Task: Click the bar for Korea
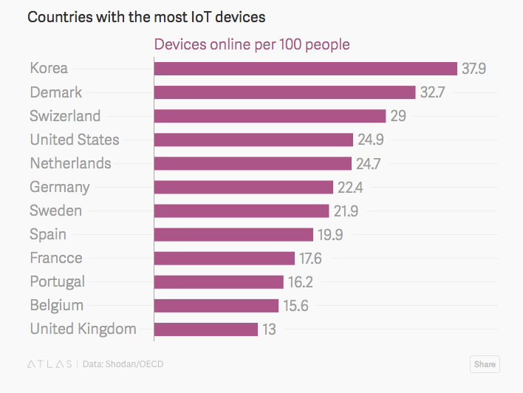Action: (x=306, y=69)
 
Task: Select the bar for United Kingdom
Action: (x=206, y=329)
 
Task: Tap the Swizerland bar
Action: (x=270, y=116)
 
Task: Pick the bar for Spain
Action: (x=234, y=234)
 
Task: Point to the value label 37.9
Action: (x=474, y=69)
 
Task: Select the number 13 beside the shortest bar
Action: (x=269, y=329)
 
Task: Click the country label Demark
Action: (x=56, y=92)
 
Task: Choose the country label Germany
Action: (x=60, y=187)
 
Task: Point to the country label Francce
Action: (x=56, y=258)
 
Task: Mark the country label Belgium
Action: (x=57, y=305)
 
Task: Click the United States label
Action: (x=75, y=140)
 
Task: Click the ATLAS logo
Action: (x=49, y=364)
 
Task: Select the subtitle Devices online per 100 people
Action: (x=252, y=45)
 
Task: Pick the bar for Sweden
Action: (x=242, y=211)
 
